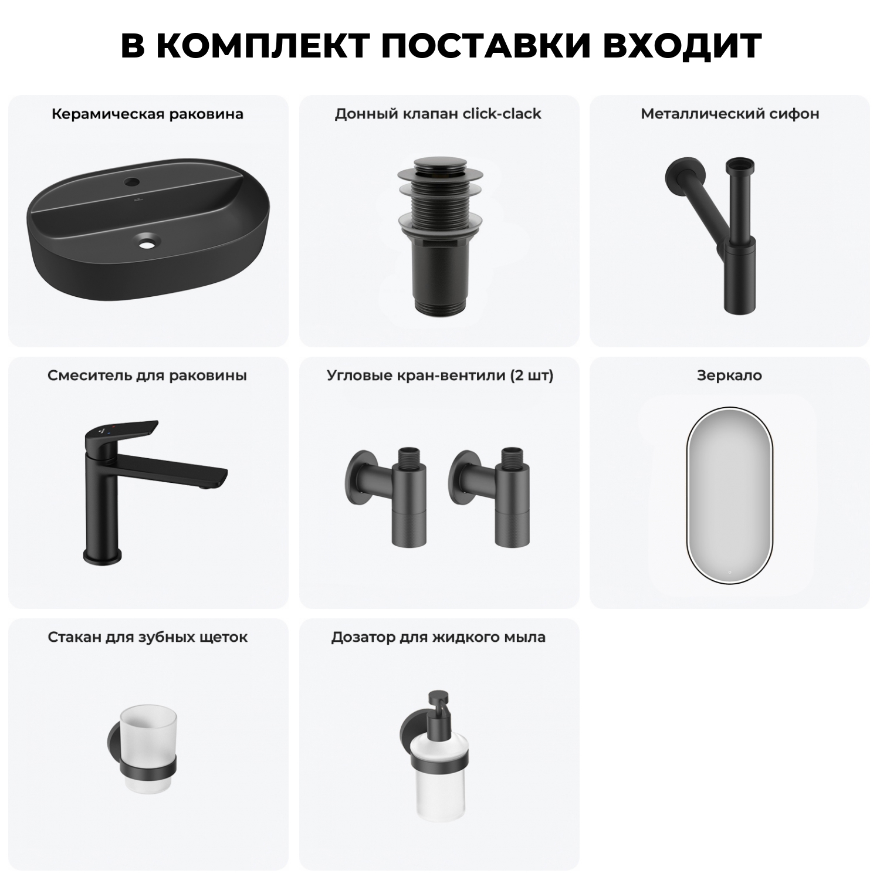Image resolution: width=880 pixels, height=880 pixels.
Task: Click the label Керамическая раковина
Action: [x=147, y=114]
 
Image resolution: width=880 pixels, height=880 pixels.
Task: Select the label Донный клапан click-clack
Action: [x=438, y=114]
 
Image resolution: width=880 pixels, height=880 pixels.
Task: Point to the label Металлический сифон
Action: [x=730, y=114]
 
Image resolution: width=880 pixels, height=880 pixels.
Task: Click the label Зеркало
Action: [x=729, y=375]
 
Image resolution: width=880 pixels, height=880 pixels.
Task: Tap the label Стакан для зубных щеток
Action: [x=147, y=637]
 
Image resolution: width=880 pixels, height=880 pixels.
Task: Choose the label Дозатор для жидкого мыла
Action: [x=438, y=637]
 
